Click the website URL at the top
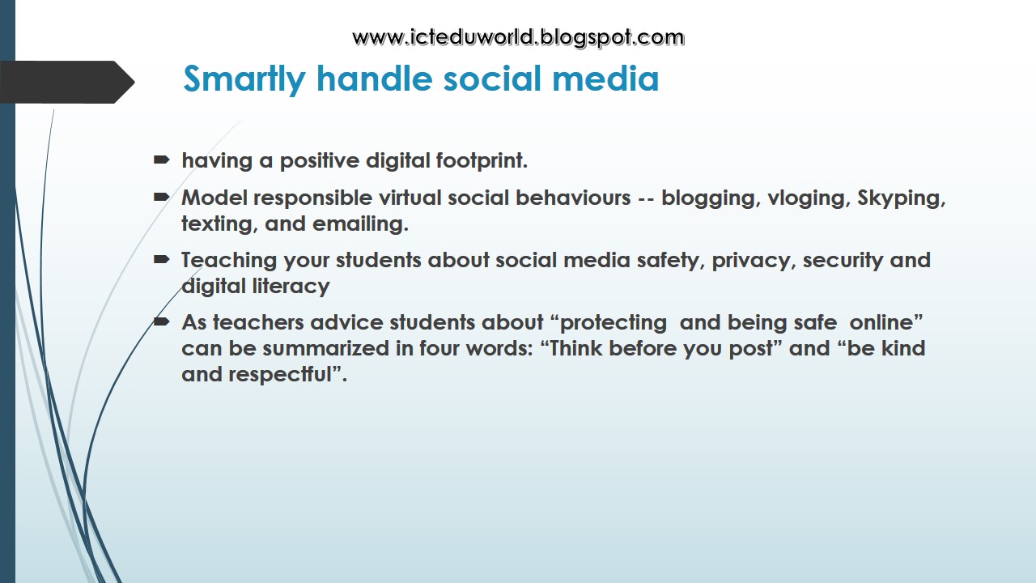[518, 37]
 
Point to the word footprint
[482, 161]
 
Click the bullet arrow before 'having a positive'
[161, 160]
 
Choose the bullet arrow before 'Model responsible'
[161, 198]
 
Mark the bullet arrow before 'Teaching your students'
[161, 260]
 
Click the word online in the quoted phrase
[885, 322]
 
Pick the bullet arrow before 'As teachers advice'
[161, 322]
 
